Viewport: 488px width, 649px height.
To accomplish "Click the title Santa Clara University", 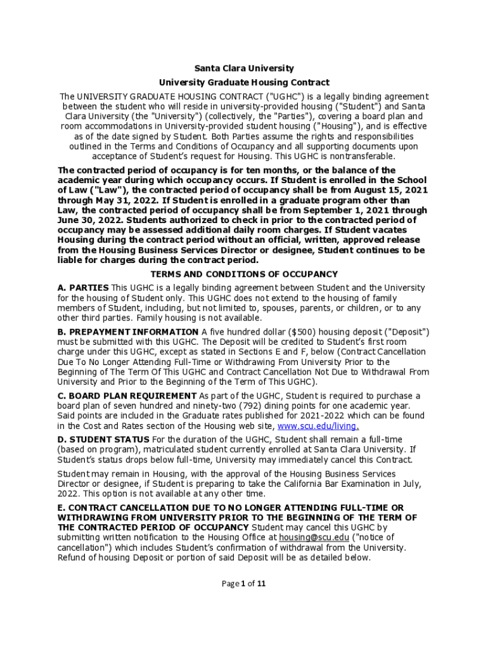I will [x=244, y=68].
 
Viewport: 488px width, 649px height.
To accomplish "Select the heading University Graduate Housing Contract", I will [x=244, y=82].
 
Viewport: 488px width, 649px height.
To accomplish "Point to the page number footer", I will [x=244, y=584].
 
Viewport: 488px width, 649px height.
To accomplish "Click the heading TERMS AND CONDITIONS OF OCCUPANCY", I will [x=244, y=274].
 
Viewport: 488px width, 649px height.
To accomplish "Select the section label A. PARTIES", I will [x=82, y=288].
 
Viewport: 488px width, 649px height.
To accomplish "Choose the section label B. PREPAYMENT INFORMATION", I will [x=127, y=332].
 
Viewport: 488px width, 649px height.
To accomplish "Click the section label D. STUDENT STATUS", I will [x=103, y=439].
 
